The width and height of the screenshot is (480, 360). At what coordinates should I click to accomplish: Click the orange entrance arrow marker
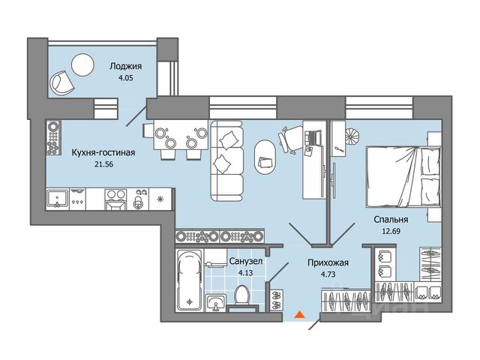click(x=299, y=315)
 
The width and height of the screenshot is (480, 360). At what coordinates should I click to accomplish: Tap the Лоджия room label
click(x=126, y=67)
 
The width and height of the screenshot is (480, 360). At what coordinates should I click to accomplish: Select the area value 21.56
click(x=103, y=164)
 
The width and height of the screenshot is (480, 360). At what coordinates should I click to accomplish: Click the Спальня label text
click(x=391, y=220)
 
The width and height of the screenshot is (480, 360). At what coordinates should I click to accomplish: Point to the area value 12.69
click(x=391, y=231)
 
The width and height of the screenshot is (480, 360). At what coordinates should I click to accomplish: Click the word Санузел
click(x=246, y=262)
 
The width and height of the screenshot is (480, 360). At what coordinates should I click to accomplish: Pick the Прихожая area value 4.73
click(x=328, y=274)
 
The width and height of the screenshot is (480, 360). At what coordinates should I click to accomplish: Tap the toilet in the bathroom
click(x=242, y=295)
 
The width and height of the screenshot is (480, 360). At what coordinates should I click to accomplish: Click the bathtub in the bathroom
click(x=190, y=280)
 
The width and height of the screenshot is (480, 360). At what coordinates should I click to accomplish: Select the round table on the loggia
click(x=82, y=64)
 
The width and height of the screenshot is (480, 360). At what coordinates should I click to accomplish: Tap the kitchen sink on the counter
click(x=57, y=199)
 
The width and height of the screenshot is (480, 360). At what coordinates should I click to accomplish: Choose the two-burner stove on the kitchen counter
click(x=115, y=199)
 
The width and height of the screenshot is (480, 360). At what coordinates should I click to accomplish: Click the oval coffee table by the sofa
click(x=265, y=157)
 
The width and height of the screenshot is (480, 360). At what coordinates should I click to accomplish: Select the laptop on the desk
click(x=313, y=137)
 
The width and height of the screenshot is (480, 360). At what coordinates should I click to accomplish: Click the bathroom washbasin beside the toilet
click(x=216, y=302)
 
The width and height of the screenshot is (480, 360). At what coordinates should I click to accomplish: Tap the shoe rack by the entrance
click(x=276, y=300)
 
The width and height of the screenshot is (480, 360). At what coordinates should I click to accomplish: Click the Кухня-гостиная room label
click(x=103, y=152)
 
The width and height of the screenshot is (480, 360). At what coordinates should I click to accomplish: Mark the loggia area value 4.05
click(x=126, y=78)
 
